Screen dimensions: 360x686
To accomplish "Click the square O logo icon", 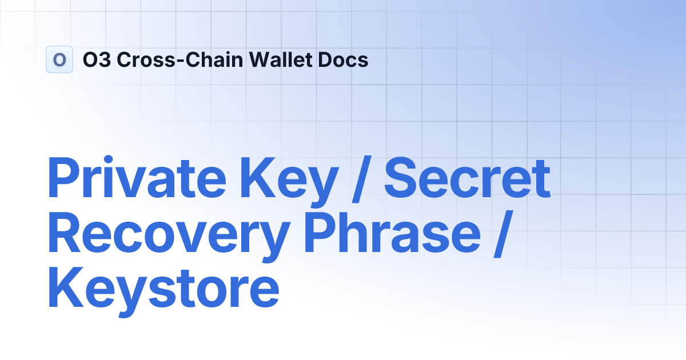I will point(59,59).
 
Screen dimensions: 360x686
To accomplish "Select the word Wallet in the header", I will point(275,59).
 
